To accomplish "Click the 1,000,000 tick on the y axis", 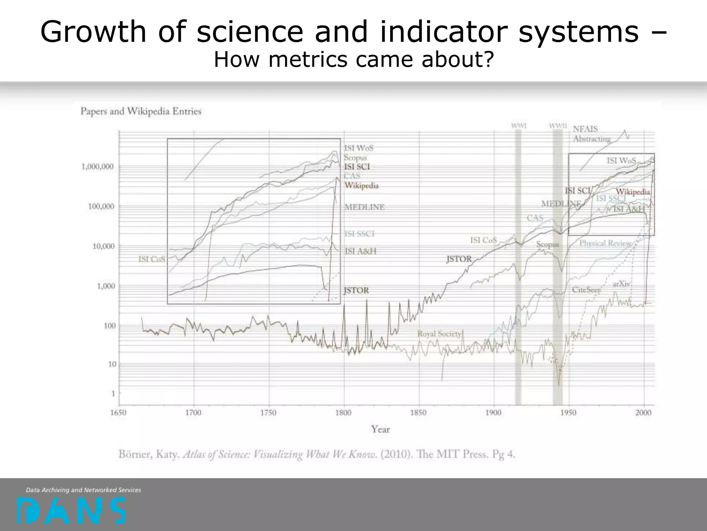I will pyautogui.click(x=97, y=167).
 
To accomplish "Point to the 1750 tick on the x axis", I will pyautogui.click(x=268, y=413).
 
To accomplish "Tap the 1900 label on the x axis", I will pyautogui.click(x=493, y=413).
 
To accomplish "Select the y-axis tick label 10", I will pyautogui.click(x=112, y=364).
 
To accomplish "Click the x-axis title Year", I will pyautogui.click(x=380, y=429).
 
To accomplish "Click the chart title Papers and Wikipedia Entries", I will pyautogui.click(x=141, y=111).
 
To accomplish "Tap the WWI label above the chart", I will pyautogui.click(x=519, y=126).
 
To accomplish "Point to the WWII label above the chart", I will pyautogui.click(x=558, y=126).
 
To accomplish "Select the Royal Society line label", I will pyautogui.click(x=439, y=334).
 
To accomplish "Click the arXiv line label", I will pyautogui.click(x=621, y=284).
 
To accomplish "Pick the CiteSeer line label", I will pyautogui.click(x=586, y=290).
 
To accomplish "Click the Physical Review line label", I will pyautogui.click(x=605, y=243).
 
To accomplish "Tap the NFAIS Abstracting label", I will pyautogui.click(x=592, y=134).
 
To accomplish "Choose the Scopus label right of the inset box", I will pyautogui.click(x=355, y=158).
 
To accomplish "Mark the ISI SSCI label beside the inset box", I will pyautogui.click(x=359, y=234).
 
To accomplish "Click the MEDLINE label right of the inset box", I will pyautogui.click(x=365, y=207).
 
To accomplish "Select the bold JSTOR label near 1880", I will pyautogui.click(x=459, y=259).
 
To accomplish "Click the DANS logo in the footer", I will pyautogui.click(x=71, y=510).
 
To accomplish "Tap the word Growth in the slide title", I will pyautogui.click(x=93, y=32).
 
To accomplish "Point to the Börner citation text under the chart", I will pyautogui.click(x=317, y=454).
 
